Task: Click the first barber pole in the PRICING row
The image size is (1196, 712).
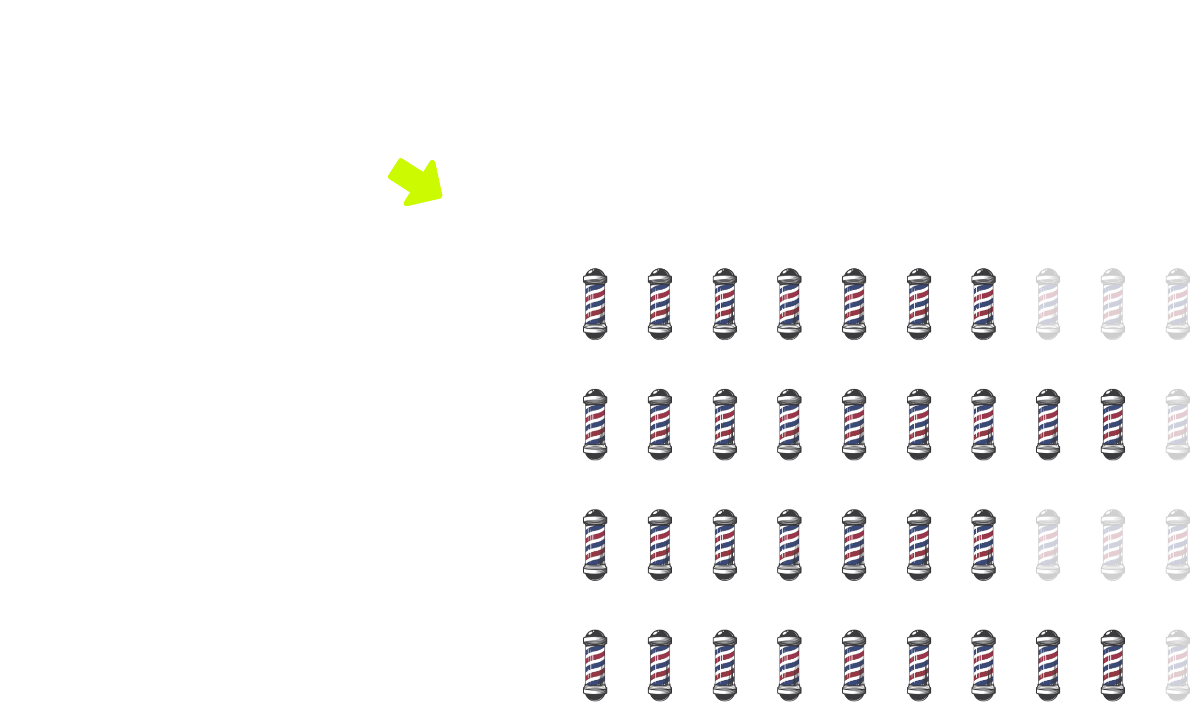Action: (x=595, y=304)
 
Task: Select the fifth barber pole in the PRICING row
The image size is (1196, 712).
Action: (x=854, y=304)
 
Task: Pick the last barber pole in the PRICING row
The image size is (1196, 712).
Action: (x=1178, y=304)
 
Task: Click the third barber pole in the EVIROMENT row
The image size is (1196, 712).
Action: (x=725, y=424)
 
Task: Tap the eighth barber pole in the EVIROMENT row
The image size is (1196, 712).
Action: (x=1048, y=424)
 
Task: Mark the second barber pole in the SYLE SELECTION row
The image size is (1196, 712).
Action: (x=660, y=544)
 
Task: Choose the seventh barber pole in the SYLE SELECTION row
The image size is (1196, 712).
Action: (x=984, y=544)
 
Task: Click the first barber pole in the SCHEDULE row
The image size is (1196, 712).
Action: (x=595, y=665)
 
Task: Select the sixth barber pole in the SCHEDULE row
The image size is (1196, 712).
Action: (x=919, y=665)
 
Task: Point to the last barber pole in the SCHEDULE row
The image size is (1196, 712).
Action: (x=1178, y=665)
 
